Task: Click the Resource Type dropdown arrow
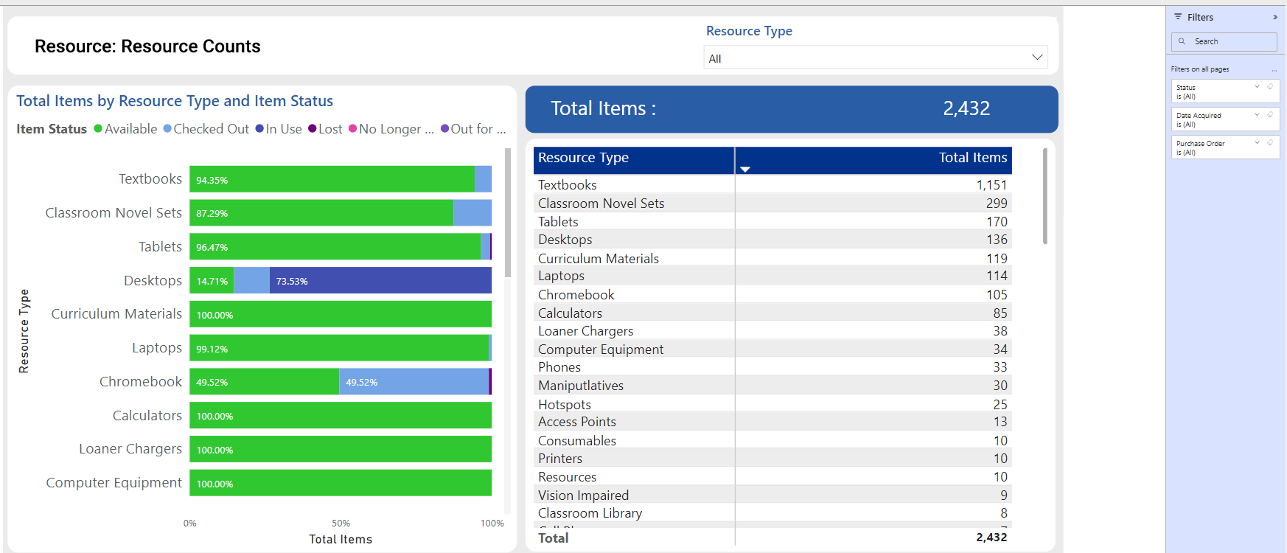point(1036,58)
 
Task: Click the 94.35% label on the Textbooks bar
point(212,180)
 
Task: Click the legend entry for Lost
point(325,129)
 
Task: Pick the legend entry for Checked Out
point(206,129)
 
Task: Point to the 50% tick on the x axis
point(341,524)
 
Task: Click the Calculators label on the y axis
point(147,416)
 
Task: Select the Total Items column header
point(972,158)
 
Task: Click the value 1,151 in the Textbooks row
point(991,185)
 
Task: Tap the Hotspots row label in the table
point(565,405)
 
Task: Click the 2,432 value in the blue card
point(966,109)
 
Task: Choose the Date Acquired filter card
point(1224,119)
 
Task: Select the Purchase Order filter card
point(1224,147)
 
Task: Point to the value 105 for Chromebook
point(997,295)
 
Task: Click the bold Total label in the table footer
point(554,538)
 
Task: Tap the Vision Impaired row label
point(583,495)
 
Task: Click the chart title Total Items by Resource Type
point(175,101)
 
